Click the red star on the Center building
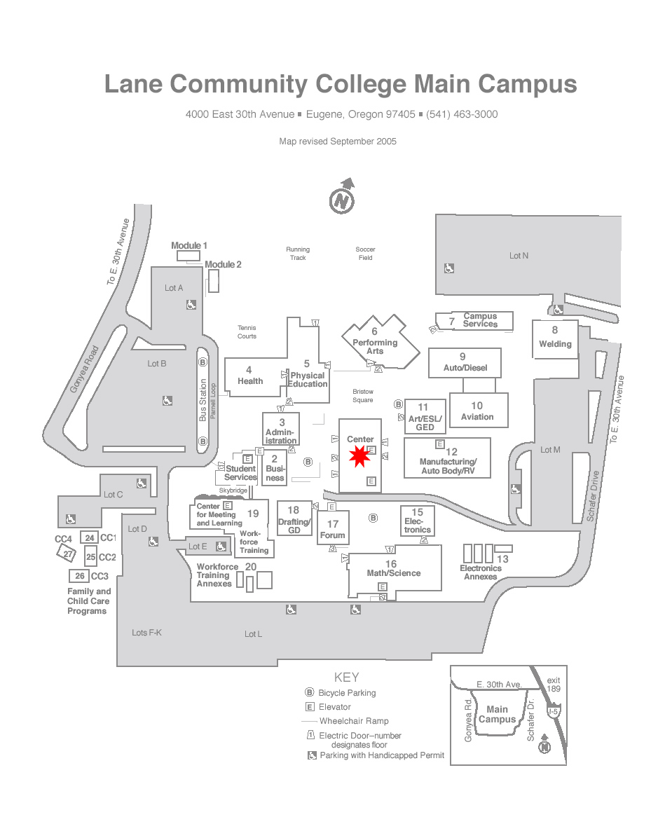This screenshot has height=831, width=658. tap(359, 456)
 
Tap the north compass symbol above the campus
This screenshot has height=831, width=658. tap(342, 196)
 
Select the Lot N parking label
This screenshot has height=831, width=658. tap(519, 256)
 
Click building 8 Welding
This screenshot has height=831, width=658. tap(555, 339)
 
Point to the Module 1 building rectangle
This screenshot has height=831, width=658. tap(189, 256)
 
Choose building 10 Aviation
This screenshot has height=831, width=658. tap(479, 410)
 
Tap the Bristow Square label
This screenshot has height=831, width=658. tap(363, 396)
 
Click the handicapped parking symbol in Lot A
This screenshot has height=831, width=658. tap(191, 305)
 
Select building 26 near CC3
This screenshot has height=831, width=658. tap(79, 575)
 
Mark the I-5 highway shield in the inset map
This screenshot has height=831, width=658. tap(554, 711)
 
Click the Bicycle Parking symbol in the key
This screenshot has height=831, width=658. tap(310, 692)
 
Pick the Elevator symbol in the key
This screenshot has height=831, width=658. tap(310, 707)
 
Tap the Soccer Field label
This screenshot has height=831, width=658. tap(365, 254)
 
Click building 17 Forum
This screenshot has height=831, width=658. tap(333, 528)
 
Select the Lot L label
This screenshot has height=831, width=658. tap(253, 634)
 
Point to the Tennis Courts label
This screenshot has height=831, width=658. tap(247, 331)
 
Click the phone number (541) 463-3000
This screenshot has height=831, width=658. tap(462, 114)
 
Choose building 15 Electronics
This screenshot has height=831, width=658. tap(418, 521)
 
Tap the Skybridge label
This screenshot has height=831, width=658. tap(233, 490)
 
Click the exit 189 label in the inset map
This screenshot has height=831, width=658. tap(554, 684)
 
